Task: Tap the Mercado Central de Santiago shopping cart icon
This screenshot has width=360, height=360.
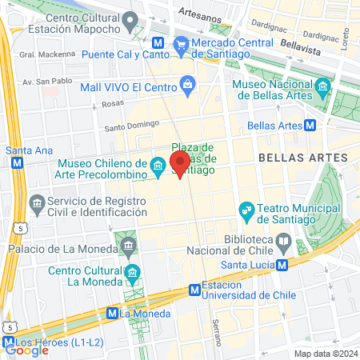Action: click(182, 43)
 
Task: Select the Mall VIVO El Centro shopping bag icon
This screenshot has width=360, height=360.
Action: click(187, 83)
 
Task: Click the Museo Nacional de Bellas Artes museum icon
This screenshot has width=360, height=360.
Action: click(322, 86)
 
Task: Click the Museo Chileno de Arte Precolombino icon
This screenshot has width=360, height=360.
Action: click(158, 168)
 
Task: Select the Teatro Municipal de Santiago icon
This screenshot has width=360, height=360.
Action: click(246, 211)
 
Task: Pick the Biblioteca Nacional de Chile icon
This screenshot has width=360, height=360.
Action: click(283, 240)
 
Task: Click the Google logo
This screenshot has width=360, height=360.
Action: click(26, 350)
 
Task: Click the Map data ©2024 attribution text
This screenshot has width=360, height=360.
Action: click(324, 353)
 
